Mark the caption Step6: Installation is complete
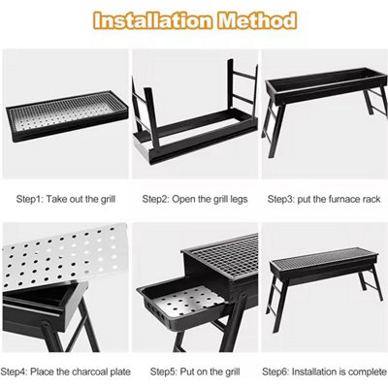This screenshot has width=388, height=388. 325,371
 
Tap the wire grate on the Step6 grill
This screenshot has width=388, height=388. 320,262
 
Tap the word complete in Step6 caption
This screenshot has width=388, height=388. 361,371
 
